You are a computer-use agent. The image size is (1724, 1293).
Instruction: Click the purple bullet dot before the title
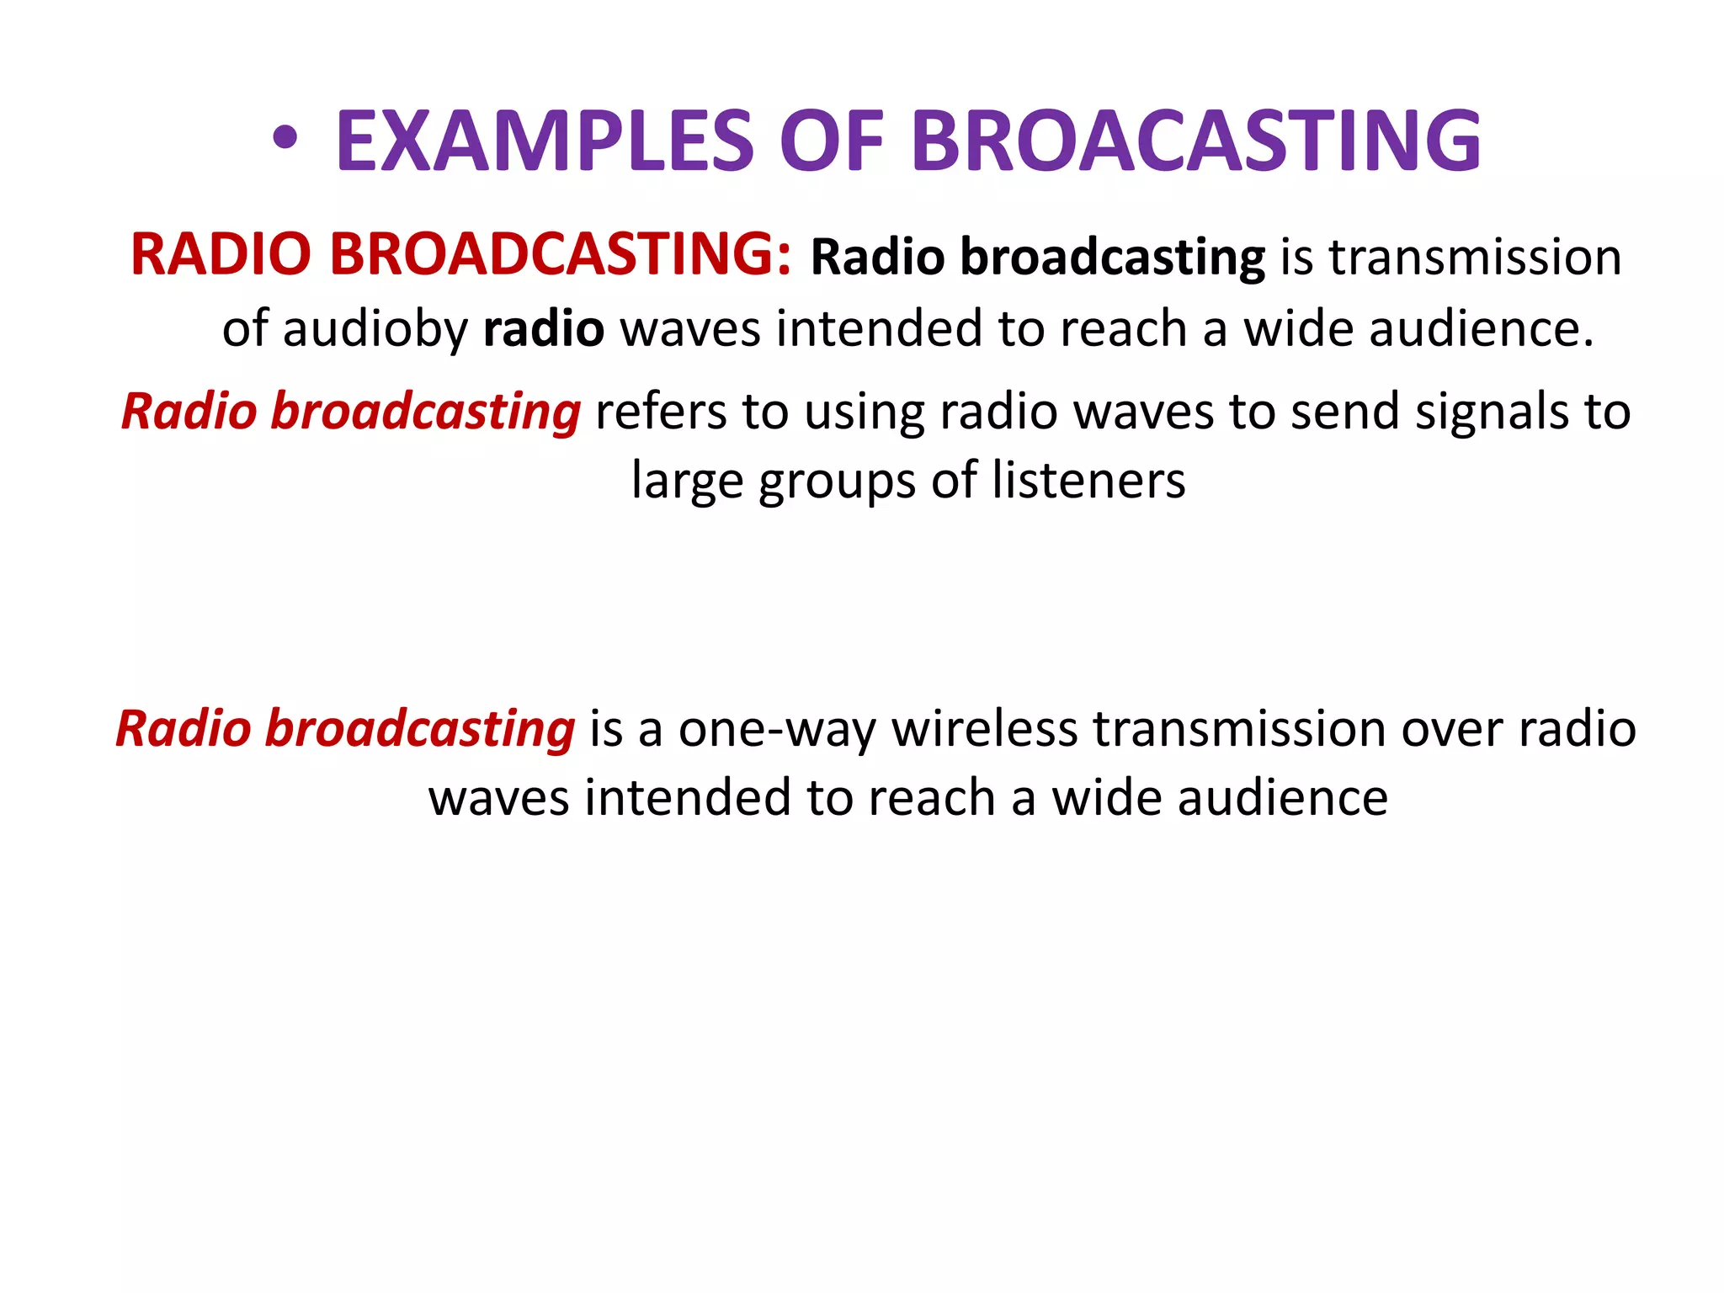(x=285, y=140)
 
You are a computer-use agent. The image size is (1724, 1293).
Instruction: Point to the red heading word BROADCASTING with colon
(x=559, y=254)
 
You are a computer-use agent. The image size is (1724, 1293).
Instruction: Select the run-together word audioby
(x=375, y=329)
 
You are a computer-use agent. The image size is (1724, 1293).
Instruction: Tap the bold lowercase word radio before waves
(x=544, y=329)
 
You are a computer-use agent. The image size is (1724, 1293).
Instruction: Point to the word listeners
(x=1088, y=481)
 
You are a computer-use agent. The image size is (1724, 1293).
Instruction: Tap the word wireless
(x=984, y=729)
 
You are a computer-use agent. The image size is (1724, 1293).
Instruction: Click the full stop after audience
(x=1588, y=341)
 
